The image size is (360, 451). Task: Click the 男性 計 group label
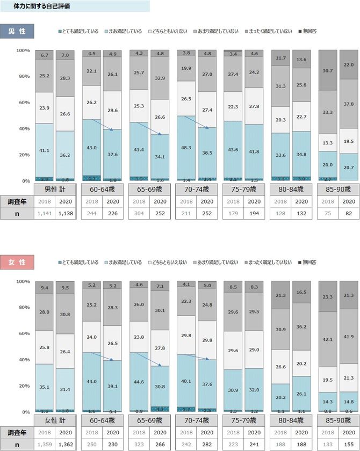pyautogui.click(x=55, y=190)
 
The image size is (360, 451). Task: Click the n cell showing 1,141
pyautogui.click(x=45, y=213)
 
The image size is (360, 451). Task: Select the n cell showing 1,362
pyautogui.click(x=65, y=444)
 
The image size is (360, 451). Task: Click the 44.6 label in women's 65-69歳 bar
pyautogui.click(x=139, y=382)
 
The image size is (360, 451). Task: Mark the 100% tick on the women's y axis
pyautogui.click(x=23, y=281)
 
